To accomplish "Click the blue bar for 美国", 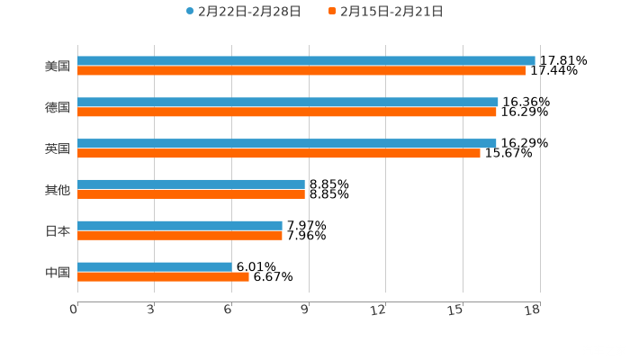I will pyautogui.click(x=306, y=60).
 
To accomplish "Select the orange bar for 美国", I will pyautogui.click(x=301, y=70).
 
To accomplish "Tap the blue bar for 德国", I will pyautogui.click(x=288, y=102).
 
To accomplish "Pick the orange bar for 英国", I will pyautogui.click(x=279, y=153).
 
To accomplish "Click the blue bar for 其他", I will pyautogui.click(x=191, y=184).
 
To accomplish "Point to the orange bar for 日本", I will pyautogui.click(x=180, y=236).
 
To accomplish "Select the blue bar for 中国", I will pyautogui.click(x=155, y=266).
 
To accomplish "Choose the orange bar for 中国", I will pyautogui.click(x=163, y=276).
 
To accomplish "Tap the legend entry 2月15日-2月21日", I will pyautogui.click(x=391, y=12).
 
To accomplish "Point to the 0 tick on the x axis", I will pyautogui.click(x=75, y=310).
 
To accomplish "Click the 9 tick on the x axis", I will pyautogui.click(x=305, y=310).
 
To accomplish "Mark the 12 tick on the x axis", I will pyautogui.click(x=379, y=310).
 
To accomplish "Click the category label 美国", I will pyautogui.click(x=58, y=66).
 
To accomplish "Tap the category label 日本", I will pyautogui.click(x=58, y=230).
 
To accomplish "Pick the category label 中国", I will pyautogui.click(x=58, y=272).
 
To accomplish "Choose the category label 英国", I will pyautogui.click(x=58, y=148).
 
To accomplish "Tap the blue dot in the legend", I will pyautogui.click(x=190, y=12).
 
